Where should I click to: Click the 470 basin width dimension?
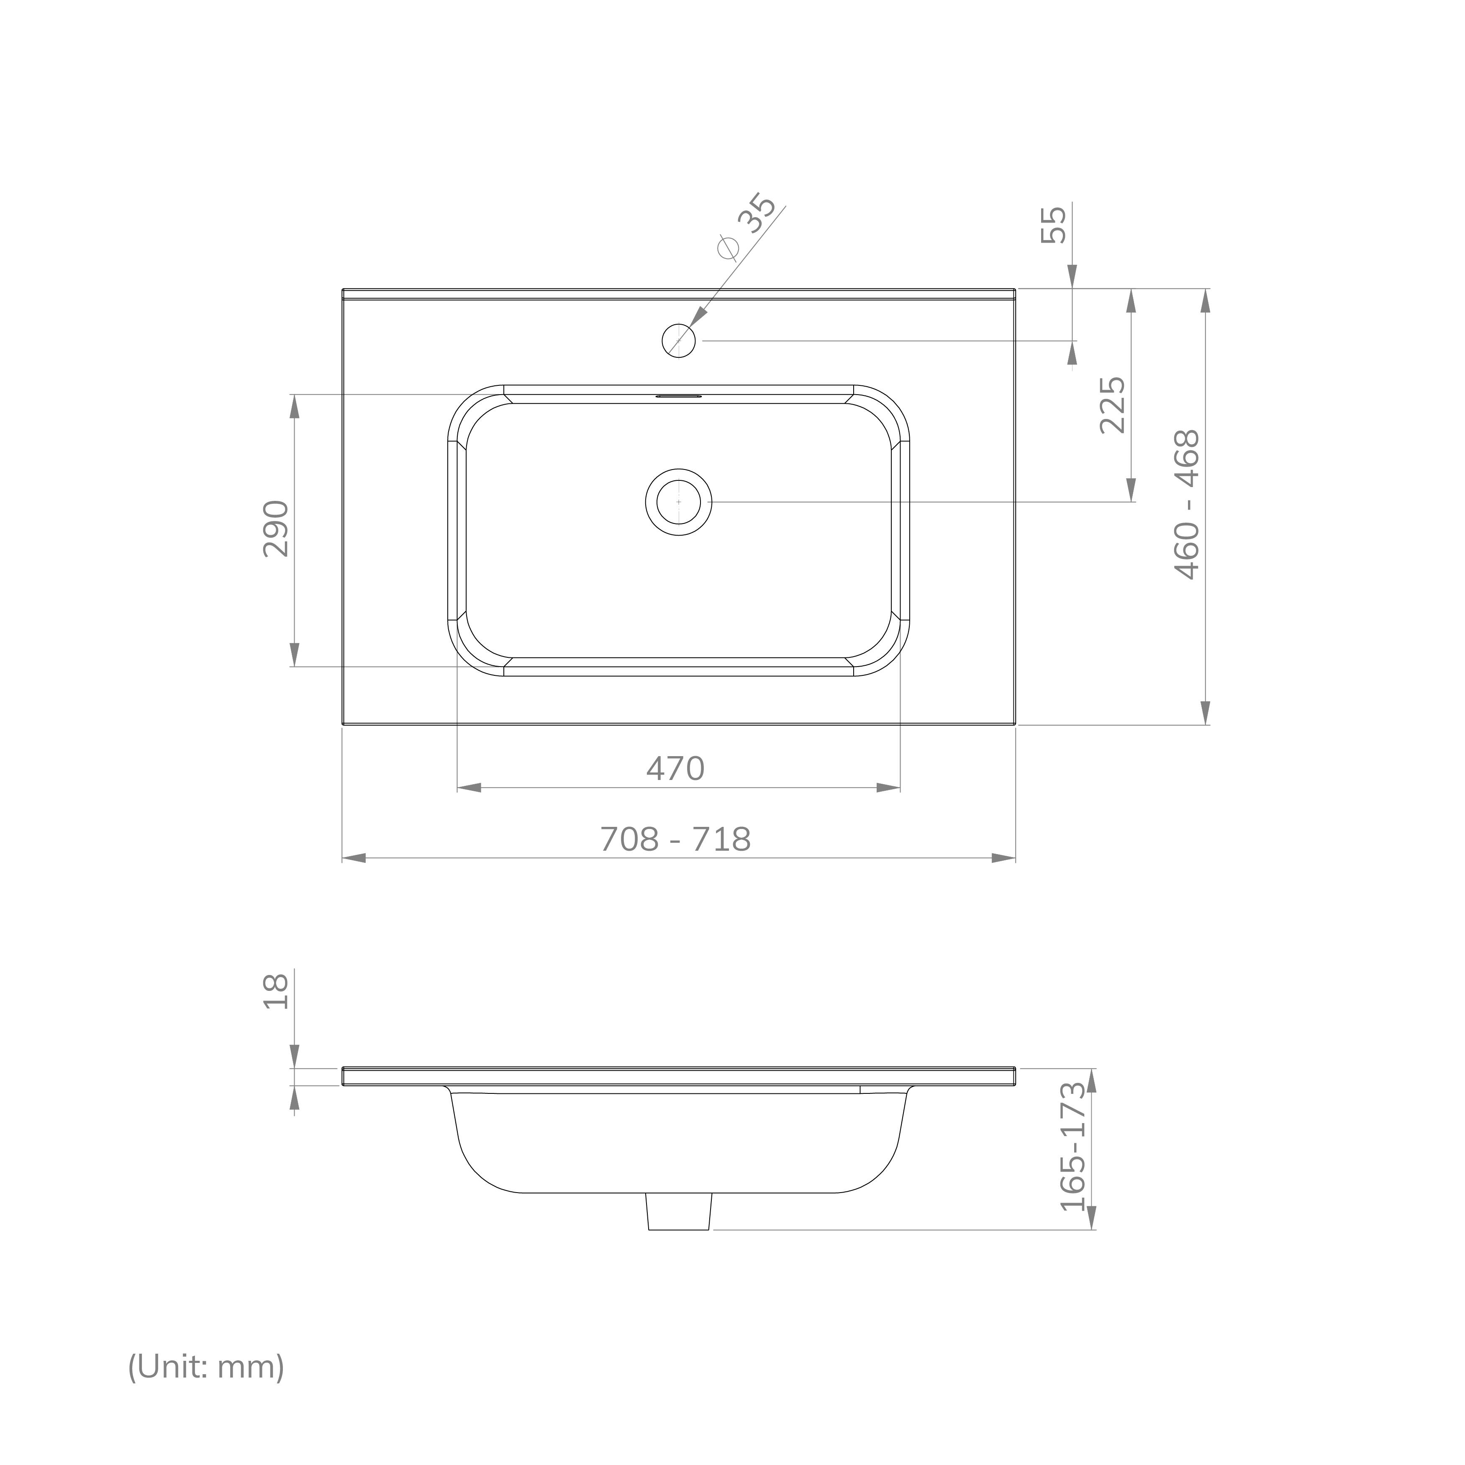[x=675, y=769]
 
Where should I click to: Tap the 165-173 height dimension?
[x=1073, y=1147]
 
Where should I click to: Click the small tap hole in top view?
[x=679, y=341]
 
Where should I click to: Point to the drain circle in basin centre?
[x=679, y=502]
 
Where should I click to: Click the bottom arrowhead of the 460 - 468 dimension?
[x=1205, y=713]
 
